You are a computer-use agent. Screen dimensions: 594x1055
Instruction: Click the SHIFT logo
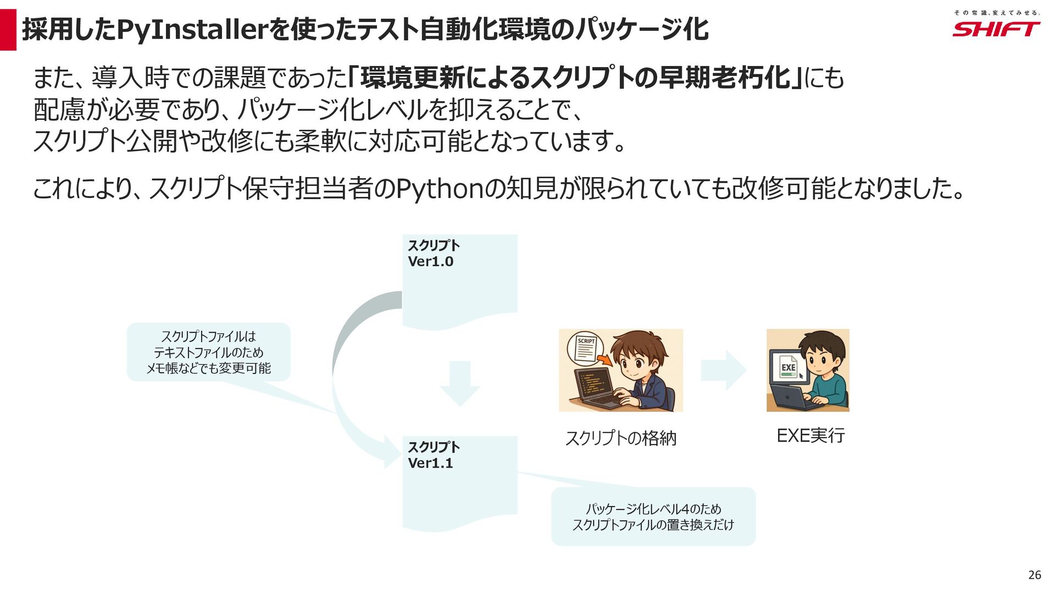click(996, 29)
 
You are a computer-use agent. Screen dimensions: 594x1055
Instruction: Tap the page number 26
click(1034, 575)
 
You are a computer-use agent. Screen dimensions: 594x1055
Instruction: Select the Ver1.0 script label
click(431, 262)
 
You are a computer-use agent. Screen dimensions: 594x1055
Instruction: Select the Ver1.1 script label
click(431, 463)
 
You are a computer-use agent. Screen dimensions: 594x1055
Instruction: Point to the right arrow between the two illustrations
click(724, 371)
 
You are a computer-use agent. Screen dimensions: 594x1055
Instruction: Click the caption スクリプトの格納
click(620, 438)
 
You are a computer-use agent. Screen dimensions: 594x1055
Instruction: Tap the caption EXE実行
click(810, 436)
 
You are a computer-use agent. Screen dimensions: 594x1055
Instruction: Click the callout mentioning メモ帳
click(209, 352)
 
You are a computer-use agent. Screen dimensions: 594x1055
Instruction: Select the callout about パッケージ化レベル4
click(653, 516)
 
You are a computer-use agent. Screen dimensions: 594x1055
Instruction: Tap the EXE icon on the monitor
click(788, 367)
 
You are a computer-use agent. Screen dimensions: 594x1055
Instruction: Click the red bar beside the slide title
click(8, 30)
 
